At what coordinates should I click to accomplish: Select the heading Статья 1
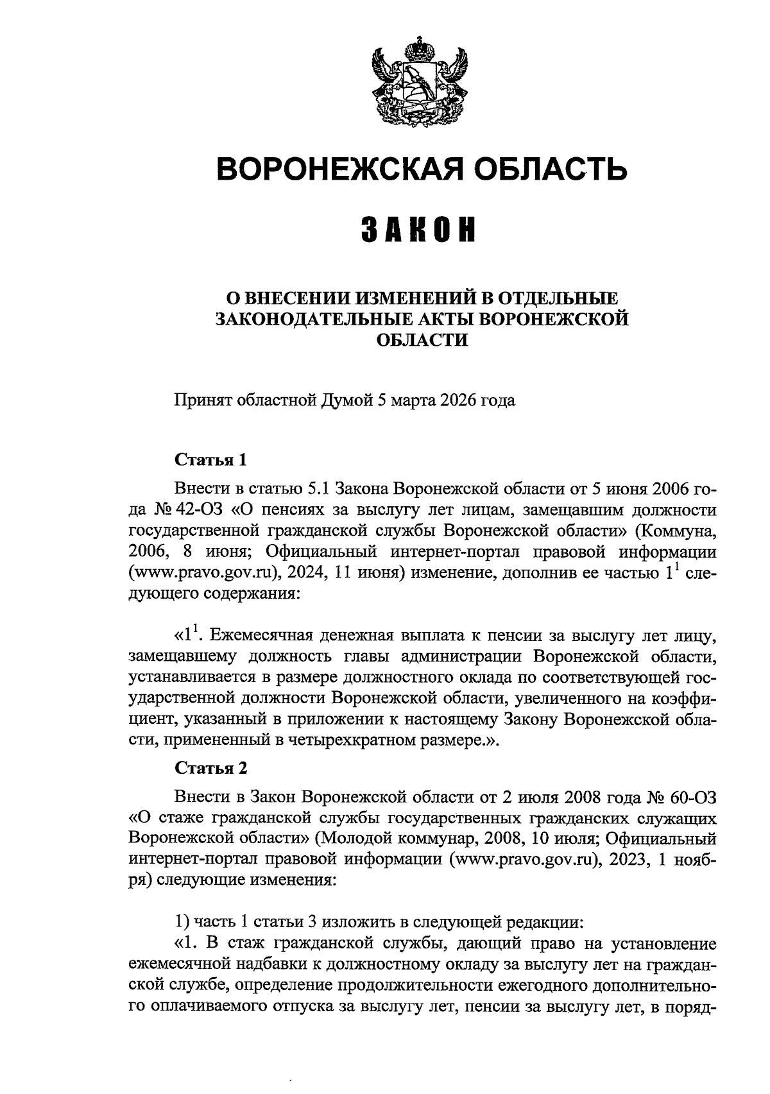210,461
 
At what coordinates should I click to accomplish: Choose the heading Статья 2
210,768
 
